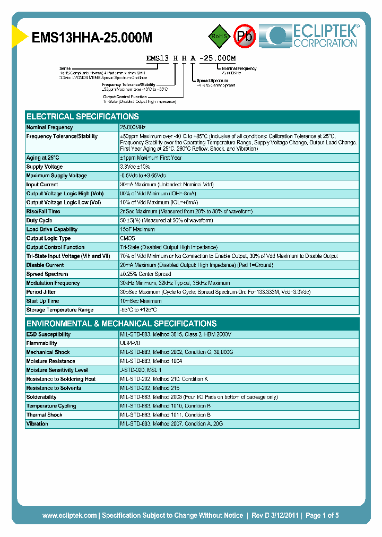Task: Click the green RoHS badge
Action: tap(218, 37)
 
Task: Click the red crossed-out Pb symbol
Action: tap(245, 36)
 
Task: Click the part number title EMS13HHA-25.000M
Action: tap(93, 37)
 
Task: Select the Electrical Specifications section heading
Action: tap(83, 117)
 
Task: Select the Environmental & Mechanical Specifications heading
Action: tap(121, 324)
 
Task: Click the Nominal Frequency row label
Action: tap(50, 127)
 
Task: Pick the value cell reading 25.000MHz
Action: tap(133, 127)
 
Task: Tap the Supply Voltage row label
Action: tap(46, 167)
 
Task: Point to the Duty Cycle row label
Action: tap(39, 220)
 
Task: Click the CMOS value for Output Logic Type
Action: tap(128, 238)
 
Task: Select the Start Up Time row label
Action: tap(43, 301)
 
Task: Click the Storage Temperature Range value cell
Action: tap(138, 310)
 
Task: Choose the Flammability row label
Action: tap(41, 343)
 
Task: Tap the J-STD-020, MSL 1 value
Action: tap(141, 370)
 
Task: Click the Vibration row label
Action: tap(37, 423)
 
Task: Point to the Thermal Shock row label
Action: tap(45, 414)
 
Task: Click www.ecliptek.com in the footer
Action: tap(70, 515)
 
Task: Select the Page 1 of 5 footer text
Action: tap(322, 515)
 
